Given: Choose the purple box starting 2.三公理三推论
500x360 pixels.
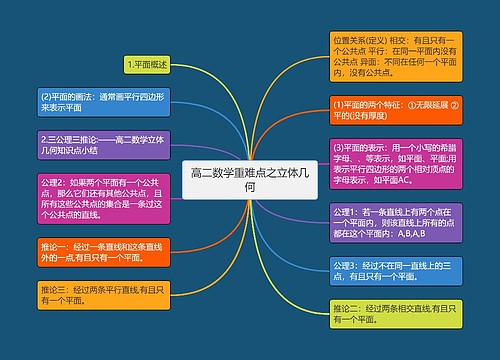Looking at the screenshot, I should click(x=103, y=144).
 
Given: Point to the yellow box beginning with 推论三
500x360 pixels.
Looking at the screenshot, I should click(x=103, y=293).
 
